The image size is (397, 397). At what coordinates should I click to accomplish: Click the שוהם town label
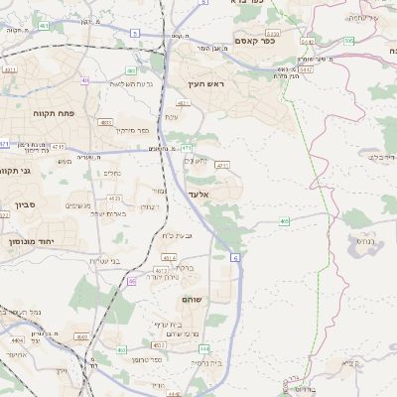click(x=193, y=299)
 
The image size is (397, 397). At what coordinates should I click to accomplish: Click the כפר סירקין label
click(x=130, y=130)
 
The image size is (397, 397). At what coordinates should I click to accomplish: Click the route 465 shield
click(x=285, y=221)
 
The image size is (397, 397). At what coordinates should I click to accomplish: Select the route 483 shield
click(x=132, y=70)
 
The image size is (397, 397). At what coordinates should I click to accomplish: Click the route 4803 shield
click(x=105, y=122)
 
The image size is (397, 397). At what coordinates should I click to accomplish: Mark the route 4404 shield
click(x=17, y=339)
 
